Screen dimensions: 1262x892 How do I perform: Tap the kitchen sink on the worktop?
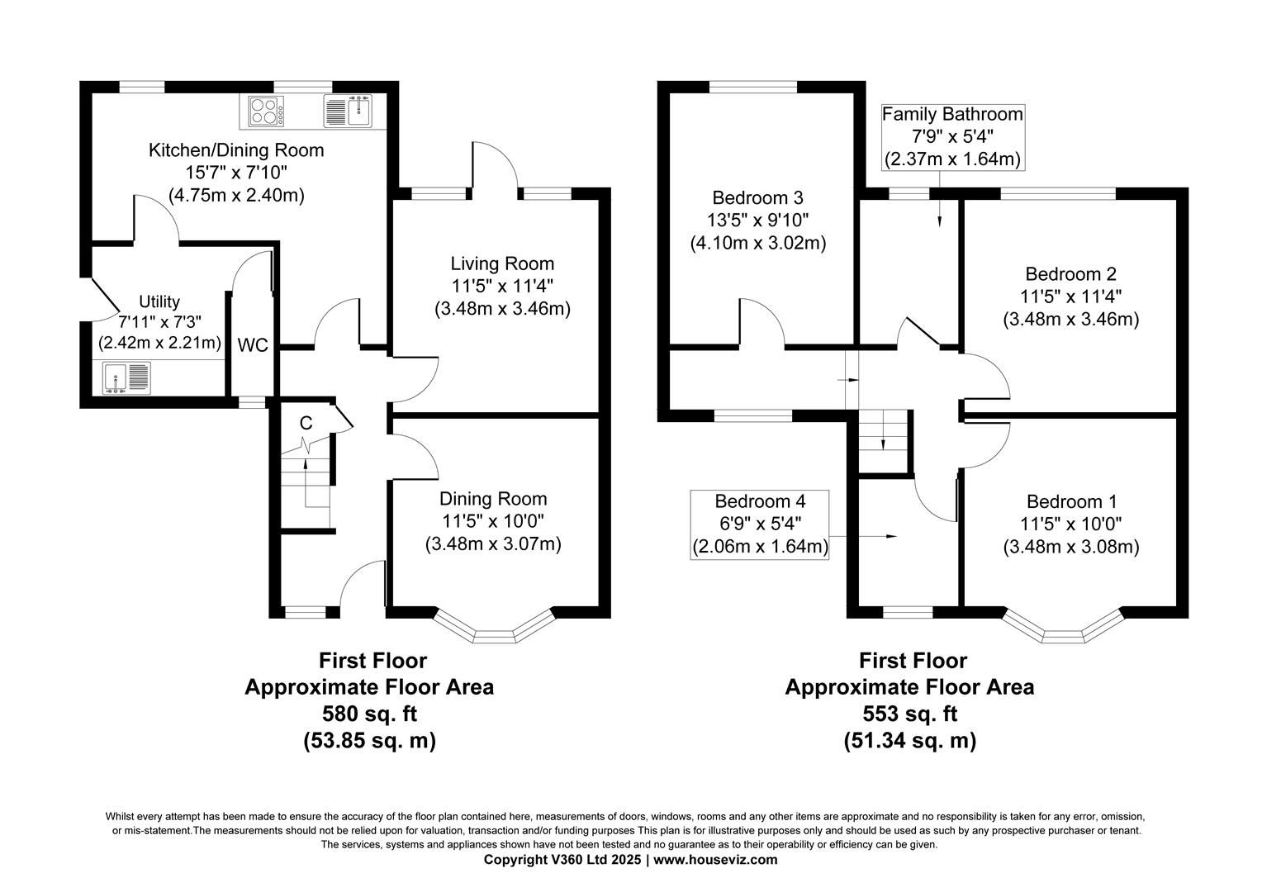pyautogui.click(x=349, y=111)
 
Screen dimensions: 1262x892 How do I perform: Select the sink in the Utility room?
pyautogui.click(x=126, y=377)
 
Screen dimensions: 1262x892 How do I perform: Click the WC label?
pyautogui.click(x=253, y=345)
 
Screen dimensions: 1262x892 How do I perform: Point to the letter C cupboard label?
pyautogui.click(x=306, y=423)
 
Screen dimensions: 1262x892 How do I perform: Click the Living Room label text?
pyautogui.click(x=502, y=263)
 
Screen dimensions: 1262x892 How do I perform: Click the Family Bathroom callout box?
pyautogui.click(x=953, y=137)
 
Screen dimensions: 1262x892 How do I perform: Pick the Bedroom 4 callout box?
pyautogui.click(x=760, y=524)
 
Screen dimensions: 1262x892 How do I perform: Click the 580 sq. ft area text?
pyautogui.click(x=369, y=714)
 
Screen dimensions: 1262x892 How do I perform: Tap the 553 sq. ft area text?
pyautogui.click(x=910, y=714)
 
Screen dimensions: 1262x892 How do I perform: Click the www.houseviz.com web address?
pyautogui.click(x=715, y=860)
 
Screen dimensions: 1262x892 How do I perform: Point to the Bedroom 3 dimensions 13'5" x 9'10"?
pyautogui.click(x=757, y=221)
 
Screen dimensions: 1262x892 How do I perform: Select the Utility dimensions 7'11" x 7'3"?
pyautogui.click(x=159, y=322)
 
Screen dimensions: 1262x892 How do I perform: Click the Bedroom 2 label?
pyautogui.click(x=1070, y=274)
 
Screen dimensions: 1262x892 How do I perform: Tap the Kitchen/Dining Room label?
pyautogui.click(x=236, y=150)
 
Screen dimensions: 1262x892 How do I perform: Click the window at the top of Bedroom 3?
pyautogui.click(x=753, y=87)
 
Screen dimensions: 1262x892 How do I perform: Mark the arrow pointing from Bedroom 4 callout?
pyautogui.click(x=863, y=537)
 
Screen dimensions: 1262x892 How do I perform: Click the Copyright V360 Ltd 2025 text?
pyautogui.click(x=562, y=860)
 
